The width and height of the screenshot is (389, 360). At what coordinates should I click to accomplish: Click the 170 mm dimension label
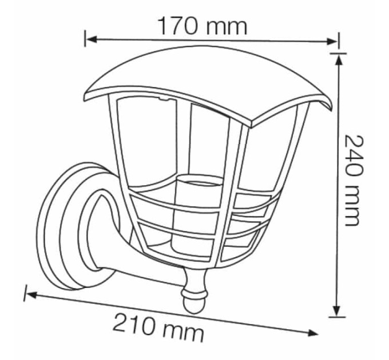(202, 26)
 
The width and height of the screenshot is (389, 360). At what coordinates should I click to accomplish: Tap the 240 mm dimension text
(352, 180)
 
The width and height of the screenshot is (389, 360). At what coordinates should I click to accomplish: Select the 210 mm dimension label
(158, 326)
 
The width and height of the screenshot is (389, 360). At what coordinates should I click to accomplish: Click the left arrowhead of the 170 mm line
(92, 39)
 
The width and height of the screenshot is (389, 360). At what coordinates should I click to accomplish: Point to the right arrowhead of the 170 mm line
(332, 41)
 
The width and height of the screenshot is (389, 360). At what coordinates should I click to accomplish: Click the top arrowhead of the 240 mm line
(339, 59)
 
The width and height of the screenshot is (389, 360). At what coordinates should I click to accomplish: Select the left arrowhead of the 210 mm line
(31, 295)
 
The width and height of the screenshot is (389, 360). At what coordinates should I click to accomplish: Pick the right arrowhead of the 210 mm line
(312, 333)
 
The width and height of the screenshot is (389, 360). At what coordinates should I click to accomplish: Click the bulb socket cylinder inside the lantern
(196, 211)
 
